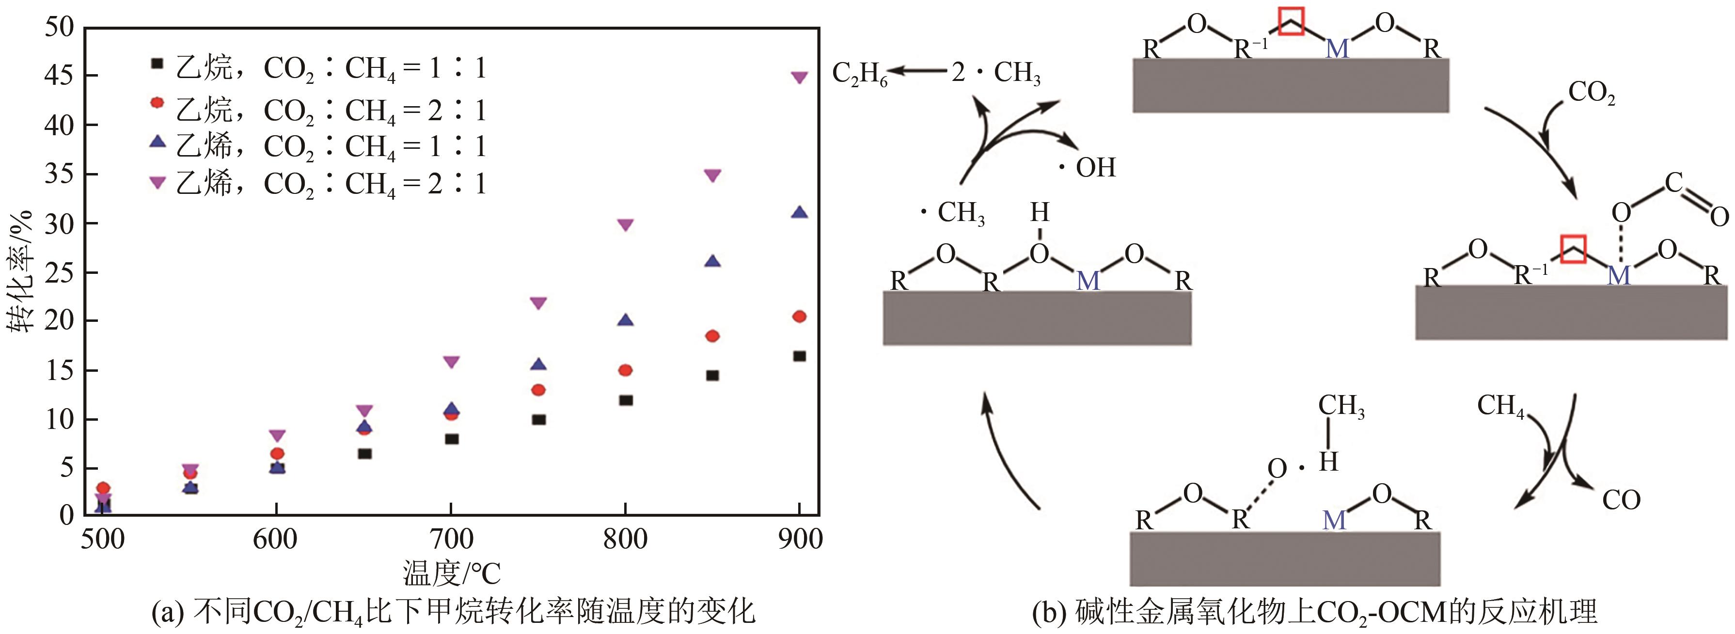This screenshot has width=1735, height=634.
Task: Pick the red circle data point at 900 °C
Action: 800,317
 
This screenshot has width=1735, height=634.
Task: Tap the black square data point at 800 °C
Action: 626,400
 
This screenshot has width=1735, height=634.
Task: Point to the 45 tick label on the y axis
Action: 59,76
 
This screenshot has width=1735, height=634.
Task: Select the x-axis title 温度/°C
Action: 451,574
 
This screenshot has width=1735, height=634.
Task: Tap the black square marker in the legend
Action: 157,64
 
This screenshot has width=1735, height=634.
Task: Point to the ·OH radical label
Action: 1087,167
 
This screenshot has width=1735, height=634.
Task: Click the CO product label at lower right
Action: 1621,500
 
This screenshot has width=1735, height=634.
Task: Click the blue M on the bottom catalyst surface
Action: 1334,520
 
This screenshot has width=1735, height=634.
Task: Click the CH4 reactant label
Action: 1500,406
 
